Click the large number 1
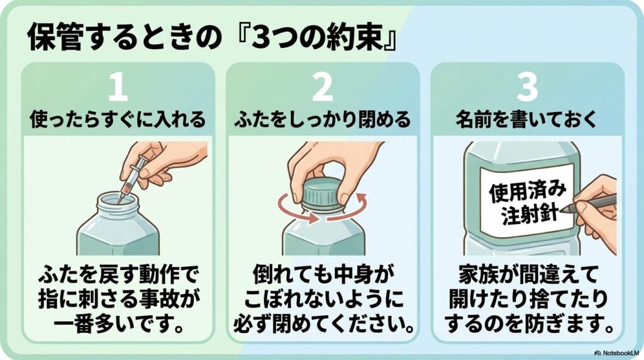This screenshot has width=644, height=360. [118, 89]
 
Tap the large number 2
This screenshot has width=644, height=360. [323, 89]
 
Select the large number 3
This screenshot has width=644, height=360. [527, 89]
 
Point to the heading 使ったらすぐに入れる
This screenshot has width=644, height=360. [118, 120]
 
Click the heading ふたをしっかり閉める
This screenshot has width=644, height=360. [323, 120]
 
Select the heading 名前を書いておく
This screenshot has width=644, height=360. [527, 120]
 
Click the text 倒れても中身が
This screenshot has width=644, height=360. [323, 275]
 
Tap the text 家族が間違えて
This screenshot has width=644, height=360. [527, 275]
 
